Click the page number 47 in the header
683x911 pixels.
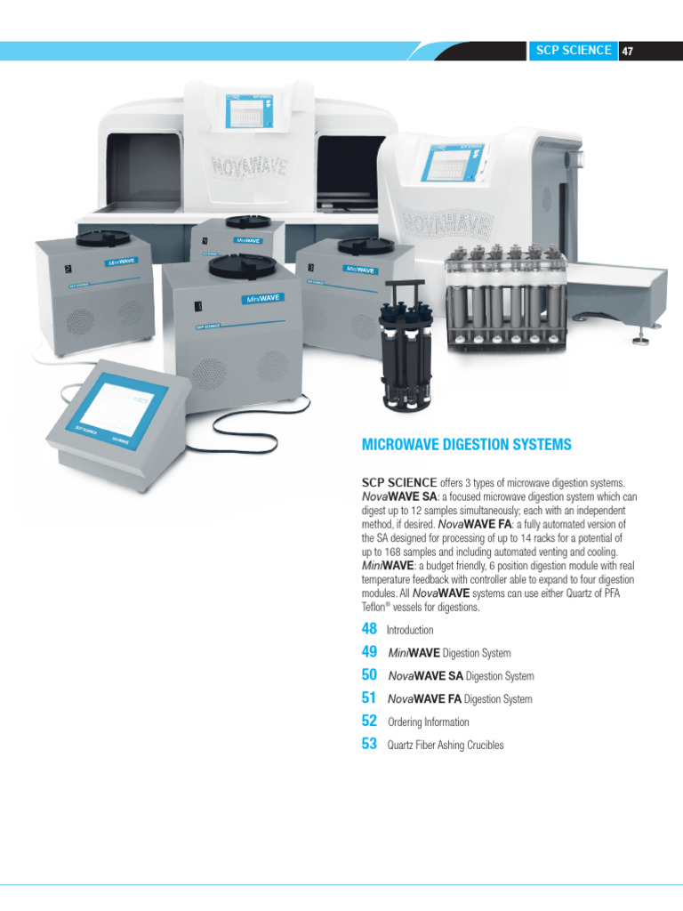click(x=628, y=51)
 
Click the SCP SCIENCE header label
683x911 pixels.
click(x=574, y=51)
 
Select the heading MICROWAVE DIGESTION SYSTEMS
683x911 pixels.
click(x=466, y=444)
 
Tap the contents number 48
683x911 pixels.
click(x=370, y=629)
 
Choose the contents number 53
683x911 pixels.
click(x=370, y=744)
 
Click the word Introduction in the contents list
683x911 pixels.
click(x=410, y=630)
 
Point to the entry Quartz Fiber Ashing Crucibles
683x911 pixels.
click(x=446, y=745)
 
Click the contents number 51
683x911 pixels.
click(x=370, y=698)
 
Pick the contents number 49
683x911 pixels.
click(x=370, y=652)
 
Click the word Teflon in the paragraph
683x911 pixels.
click(x=375, y=608)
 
